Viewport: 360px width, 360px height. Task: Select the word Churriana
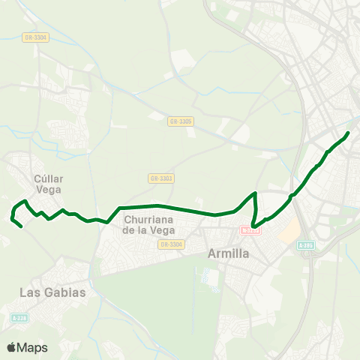click(x=148, y=220)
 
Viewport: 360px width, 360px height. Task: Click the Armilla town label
click(x=228, y=254)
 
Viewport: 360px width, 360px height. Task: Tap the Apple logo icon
click(x=12, y=347)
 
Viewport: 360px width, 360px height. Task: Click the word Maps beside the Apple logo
click(x=33, y=347)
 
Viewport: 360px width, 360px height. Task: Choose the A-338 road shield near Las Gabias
click(x=21, y=318)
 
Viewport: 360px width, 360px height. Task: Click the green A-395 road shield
click(x=305, y=245)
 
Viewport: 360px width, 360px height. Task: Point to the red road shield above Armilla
click(x=251, y=230)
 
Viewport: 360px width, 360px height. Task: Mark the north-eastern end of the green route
click(x=348, y=133)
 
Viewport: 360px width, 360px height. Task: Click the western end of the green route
click(x=21, y=226)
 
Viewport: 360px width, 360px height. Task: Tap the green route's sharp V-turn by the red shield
click(x=253, y=226)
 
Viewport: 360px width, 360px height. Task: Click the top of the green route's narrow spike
click(x=256, y=193)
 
